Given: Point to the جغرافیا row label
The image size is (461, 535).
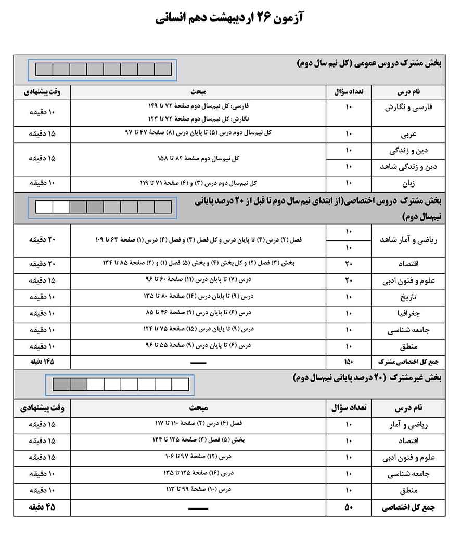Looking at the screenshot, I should pos(425,314).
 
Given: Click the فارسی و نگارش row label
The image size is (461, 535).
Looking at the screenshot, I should pos(415,108).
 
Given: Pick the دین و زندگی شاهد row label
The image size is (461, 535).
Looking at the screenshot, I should pos(414,167).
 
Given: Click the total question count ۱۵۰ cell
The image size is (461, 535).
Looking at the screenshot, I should pos(349,362).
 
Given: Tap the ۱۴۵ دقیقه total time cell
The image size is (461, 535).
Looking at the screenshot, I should pos(42,362).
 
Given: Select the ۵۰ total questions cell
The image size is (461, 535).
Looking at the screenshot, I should pos(349,507).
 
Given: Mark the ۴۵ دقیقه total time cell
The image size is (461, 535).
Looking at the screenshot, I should pos(42,507).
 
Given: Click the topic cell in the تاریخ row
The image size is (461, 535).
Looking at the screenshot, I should pos(197,297).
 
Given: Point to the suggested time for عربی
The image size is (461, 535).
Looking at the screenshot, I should pos(42,134).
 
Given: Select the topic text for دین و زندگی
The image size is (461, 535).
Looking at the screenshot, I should pos(197,158).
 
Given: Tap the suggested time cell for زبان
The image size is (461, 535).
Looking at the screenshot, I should pos(42,183).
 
